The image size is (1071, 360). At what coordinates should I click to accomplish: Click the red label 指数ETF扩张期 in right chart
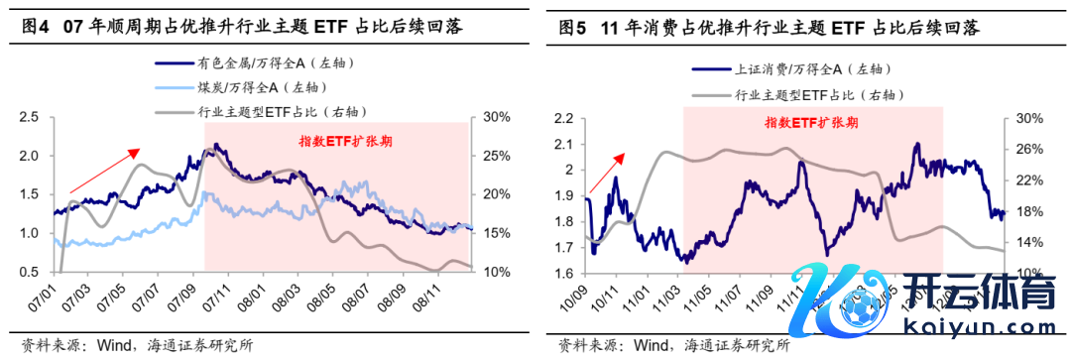coord(811,123)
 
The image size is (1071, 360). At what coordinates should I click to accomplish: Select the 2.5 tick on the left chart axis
coord(29,118)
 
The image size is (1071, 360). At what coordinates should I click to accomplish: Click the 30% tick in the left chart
coord(496,118)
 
